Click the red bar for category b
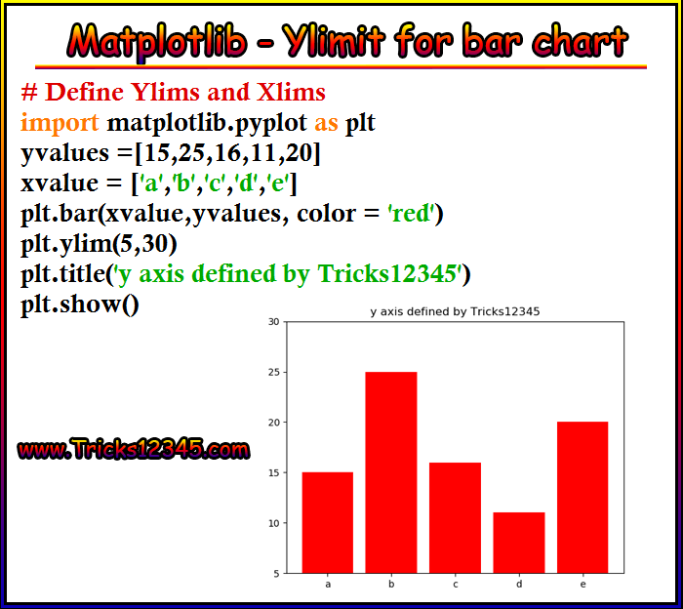391,472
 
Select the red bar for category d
519,543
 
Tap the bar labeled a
328,523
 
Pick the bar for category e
583,498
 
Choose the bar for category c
456,518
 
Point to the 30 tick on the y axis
274,322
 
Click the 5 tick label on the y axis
276,574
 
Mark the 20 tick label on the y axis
274,423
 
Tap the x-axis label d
519,585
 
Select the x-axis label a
328,585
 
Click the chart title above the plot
455,311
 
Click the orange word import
60,123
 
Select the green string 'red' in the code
411,214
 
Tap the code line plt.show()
80,304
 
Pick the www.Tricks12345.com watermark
134,449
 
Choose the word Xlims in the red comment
291,93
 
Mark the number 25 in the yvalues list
191,153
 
